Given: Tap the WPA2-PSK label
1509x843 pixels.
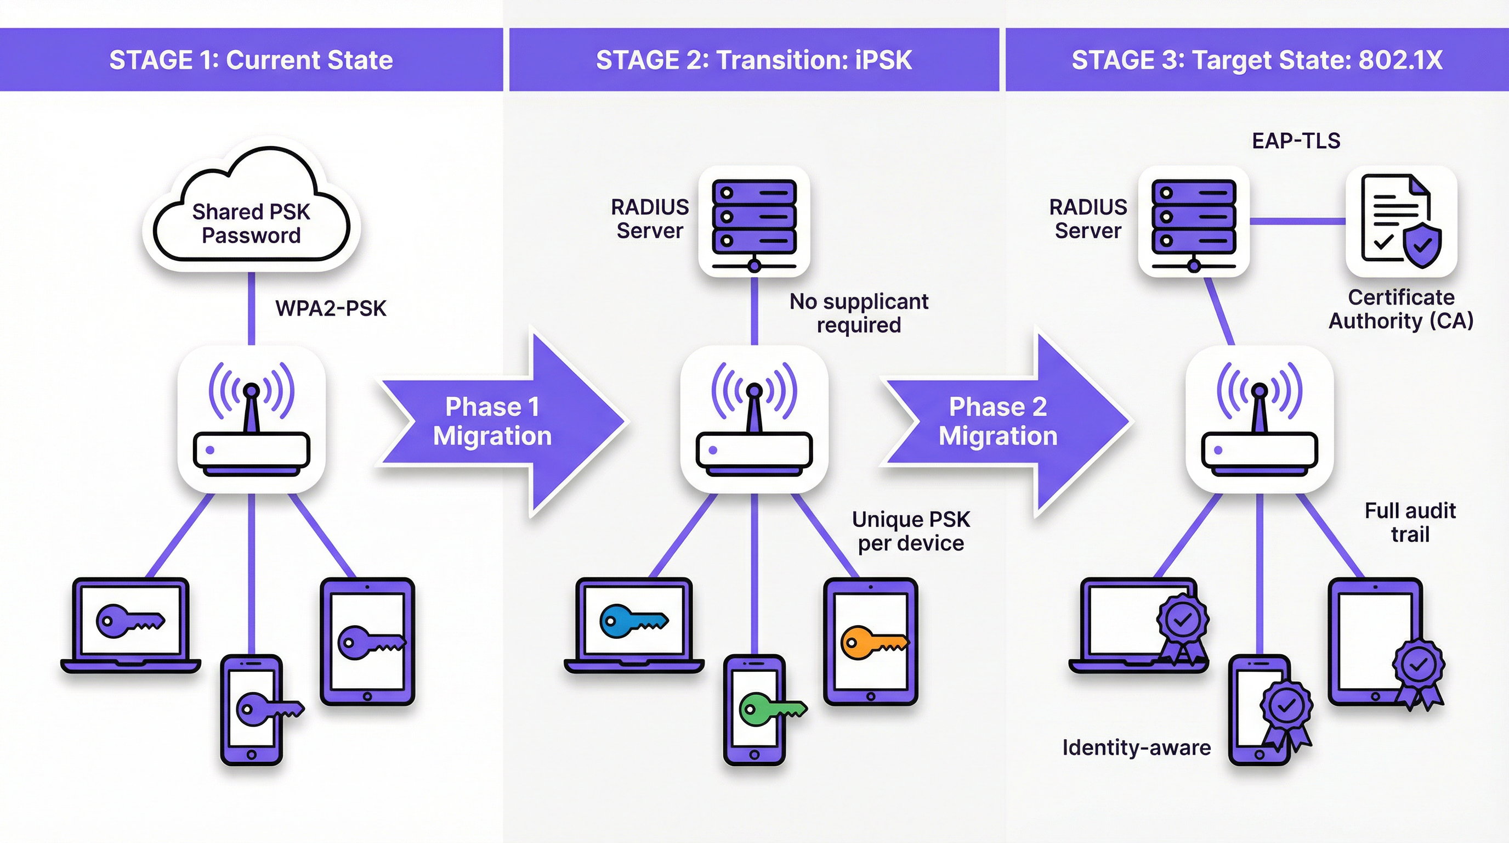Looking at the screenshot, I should tap(331, 308).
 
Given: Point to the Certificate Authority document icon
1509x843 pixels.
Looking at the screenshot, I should tap(1400, 222).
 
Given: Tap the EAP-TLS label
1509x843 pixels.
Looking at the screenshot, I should tap(1296, 141).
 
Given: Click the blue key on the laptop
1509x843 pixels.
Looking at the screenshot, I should tap(633, 621).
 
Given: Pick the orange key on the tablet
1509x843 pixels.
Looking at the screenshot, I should tap(874, 643).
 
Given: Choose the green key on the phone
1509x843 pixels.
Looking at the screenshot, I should tap(772, 710).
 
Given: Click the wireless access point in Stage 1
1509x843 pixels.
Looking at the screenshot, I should tap(251, 419).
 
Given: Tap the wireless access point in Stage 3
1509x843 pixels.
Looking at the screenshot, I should tap(1260, 419).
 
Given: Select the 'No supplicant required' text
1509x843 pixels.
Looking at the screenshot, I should tap(859, 313).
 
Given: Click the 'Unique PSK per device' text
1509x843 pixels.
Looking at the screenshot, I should tap(911, 531).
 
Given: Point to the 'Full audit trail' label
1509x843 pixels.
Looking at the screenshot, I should tap(1410, 522).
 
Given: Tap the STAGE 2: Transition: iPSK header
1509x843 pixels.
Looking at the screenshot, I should tap(754, 60).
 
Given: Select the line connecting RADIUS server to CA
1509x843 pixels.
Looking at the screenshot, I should tap(1297, 221).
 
